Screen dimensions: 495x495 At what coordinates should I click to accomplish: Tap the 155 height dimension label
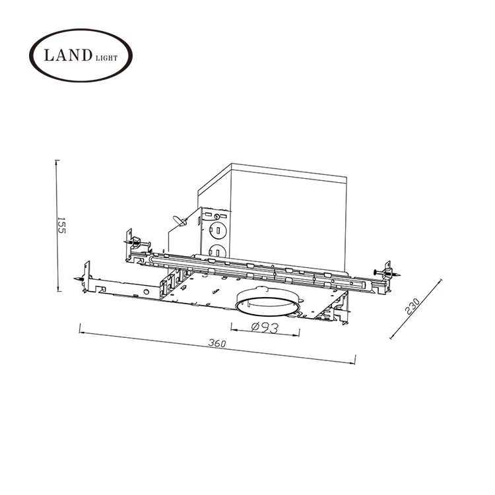pos(61,226)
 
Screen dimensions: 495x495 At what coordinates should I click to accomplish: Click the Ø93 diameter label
pos(263,328)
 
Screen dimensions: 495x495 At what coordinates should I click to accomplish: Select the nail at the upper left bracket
pos(141,244)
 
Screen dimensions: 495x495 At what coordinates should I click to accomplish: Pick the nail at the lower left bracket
pos(81,280)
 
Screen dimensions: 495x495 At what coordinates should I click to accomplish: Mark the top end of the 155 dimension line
pos(57,161)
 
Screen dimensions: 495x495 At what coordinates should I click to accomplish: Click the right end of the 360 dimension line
pos(354,360)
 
